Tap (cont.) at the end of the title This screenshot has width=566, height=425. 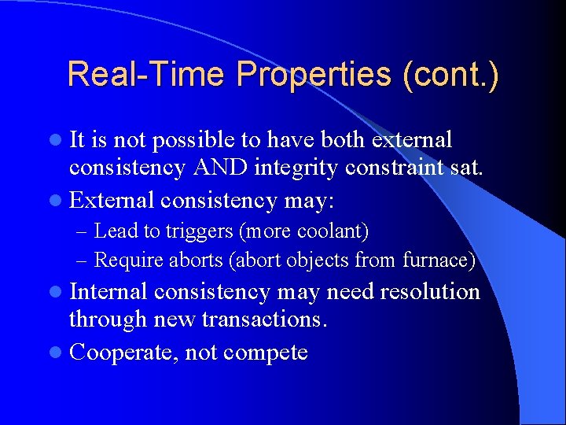click(x=450, y=75)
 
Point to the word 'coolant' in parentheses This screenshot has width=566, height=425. click(x=333, y=231)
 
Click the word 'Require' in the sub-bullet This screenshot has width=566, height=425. click(x=123, y=259)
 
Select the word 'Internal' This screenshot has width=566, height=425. click(x=108, y=292)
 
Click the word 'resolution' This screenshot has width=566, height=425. click(x=430, y=292)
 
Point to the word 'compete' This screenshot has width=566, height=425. click(x=266, y=353)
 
